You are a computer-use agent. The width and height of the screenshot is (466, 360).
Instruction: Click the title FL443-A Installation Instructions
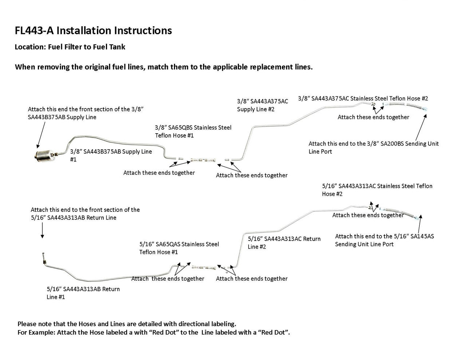tap(93, 31)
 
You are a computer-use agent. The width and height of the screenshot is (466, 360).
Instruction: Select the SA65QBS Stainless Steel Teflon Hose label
tap(193, 131)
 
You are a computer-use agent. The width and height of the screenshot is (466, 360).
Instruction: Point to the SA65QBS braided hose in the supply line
tap(203, 159)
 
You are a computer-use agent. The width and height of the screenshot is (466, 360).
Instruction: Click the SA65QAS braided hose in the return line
tap(204, 268)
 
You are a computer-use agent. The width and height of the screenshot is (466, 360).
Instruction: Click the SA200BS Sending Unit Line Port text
tap(374, 147)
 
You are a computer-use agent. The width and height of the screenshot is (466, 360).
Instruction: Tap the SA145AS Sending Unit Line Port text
tap(384, 240)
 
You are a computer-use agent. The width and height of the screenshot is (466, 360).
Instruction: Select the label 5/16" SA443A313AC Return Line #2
tap(284, 243)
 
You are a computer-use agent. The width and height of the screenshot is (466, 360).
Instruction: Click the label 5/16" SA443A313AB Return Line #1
tap(83, 293)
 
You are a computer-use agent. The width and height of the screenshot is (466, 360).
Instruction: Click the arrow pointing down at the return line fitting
tap(42, 231)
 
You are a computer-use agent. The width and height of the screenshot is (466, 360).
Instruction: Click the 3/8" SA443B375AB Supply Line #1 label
tap(111, 155)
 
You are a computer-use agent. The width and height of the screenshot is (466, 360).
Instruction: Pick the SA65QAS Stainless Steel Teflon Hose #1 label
tap(179, 248)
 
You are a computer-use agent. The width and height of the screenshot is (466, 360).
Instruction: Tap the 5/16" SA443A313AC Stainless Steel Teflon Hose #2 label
tap(377, 190)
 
